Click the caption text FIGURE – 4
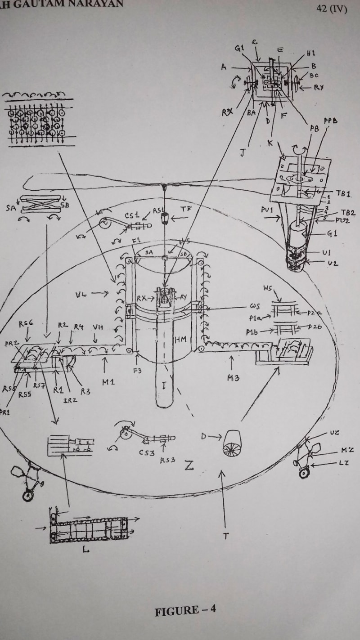(x=185, y=611)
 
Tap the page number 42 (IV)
(x=332, y=9)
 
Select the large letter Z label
(x=189, y=465)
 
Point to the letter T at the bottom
(x=224, y=536)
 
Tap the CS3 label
(x=146, y=453)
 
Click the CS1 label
(x=132, y=215)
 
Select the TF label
(x=185, y=209)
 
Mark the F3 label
(x=137, y=370)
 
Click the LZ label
(x=343, y=462)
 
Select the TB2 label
(x=347, y=212)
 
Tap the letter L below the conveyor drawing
(x=85, y=549)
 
